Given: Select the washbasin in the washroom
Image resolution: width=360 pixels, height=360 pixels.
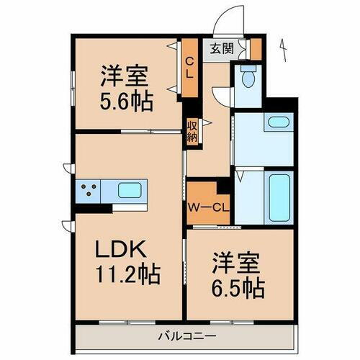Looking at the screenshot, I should coord(278,122).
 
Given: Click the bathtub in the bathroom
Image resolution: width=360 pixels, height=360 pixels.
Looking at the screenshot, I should coord(277,195).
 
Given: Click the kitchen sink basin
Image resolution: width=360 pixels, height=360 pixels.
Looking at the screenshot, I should coord(129,191).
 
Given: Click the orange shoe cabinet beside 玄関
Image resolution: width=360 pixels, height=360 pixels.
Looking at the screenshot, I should coord(254,49).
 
